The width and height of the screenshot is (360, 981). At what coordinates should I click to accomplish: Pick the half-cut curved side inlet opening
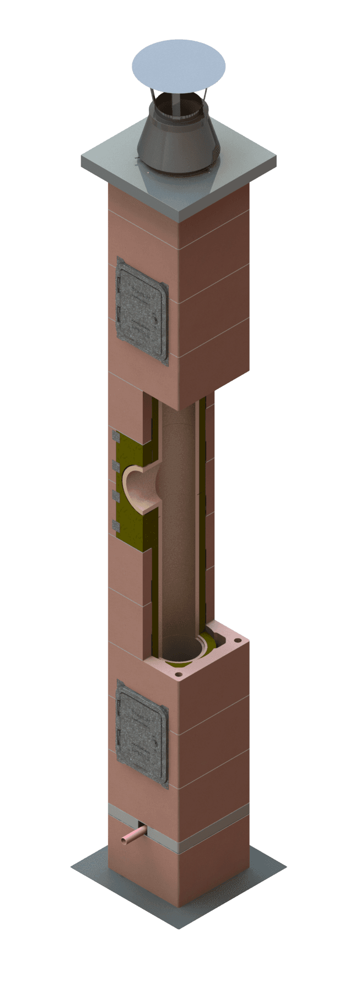coord(141,486)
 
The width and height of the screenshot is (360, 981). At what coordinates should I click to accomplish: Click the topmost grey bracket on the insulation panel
coord(116,437)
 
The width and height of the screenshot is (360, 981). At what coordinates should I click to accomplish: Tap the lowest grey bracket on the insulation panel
coord(116,525)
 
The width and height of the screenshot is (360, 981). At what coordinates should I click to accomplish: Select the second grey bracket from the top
coord(116,467)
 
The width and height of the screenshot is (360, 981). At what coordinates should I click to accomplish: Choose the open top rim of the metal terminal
coord(178,106)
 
